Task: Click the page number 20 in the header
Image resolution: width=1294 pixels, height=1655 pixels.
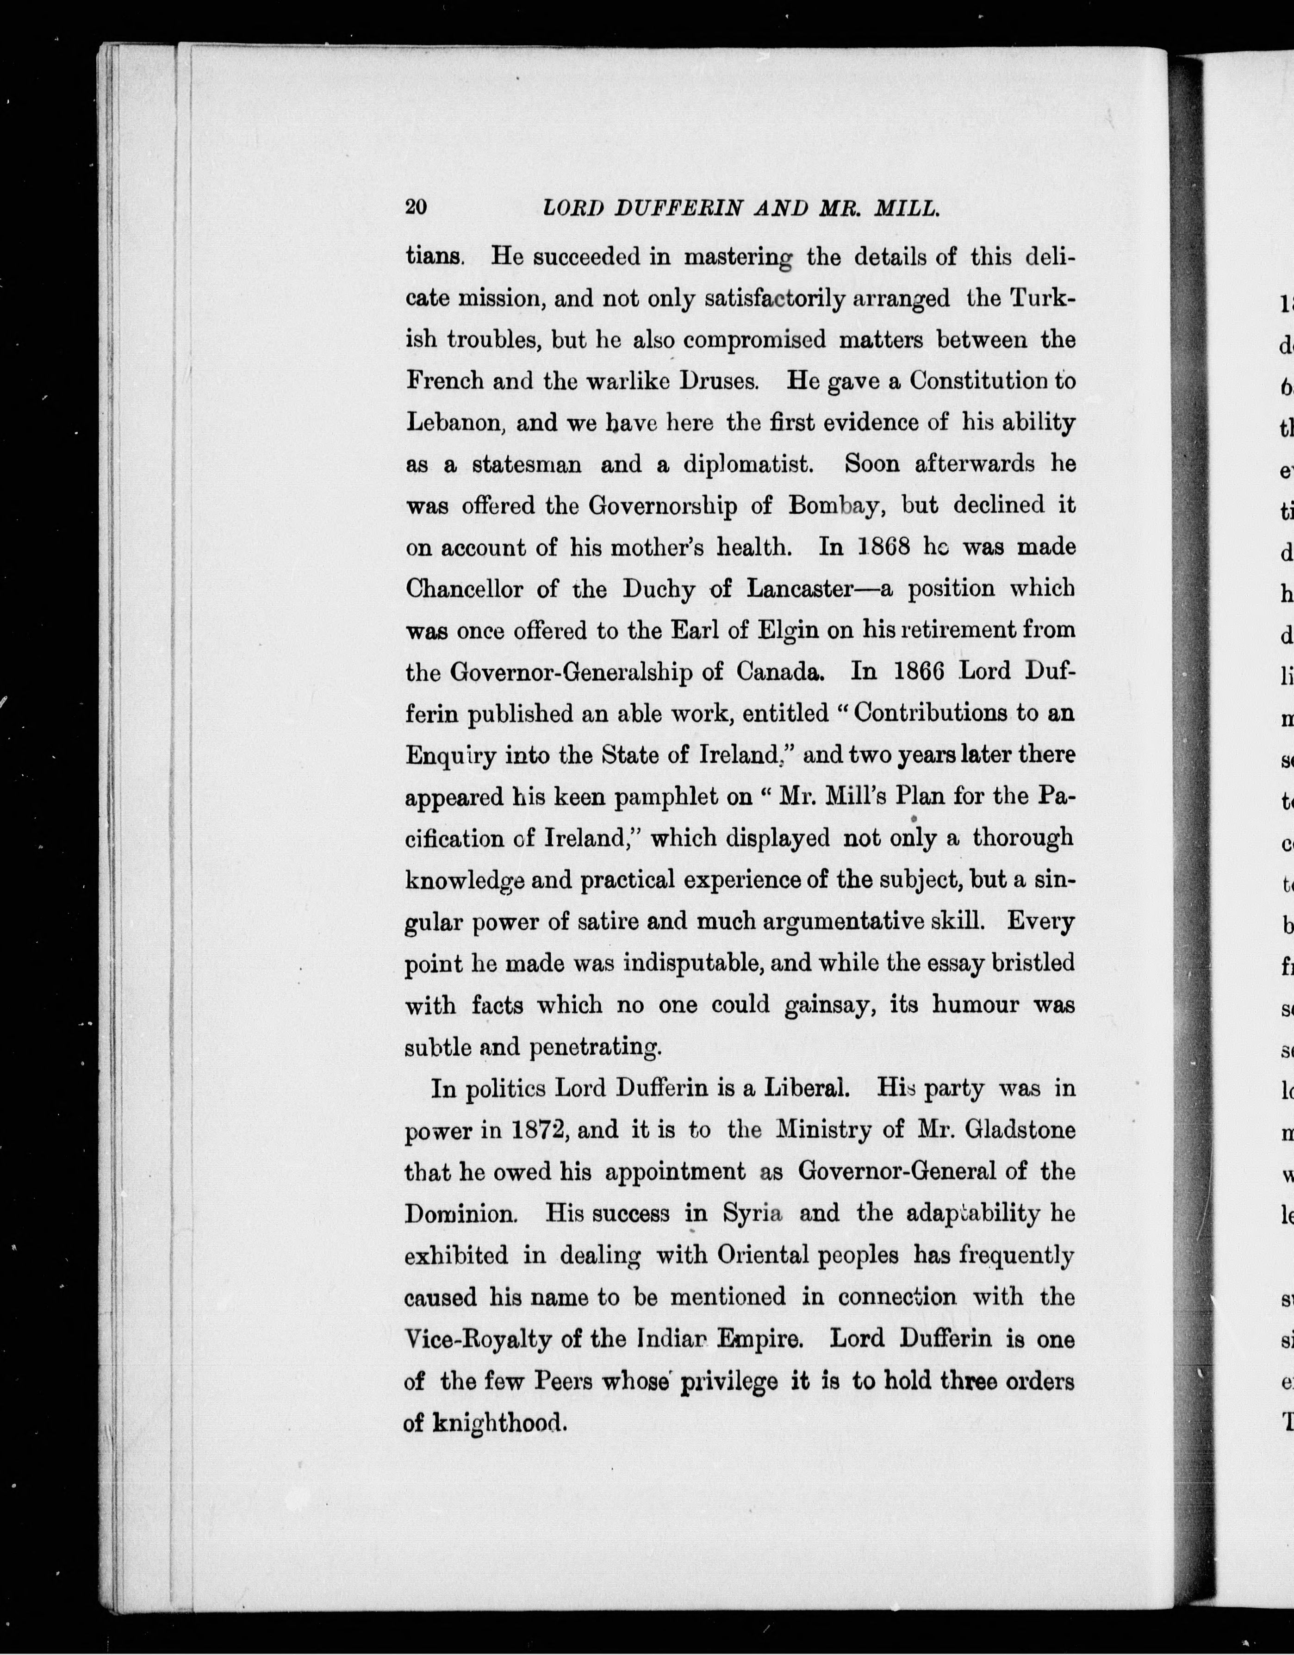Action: tap(417, 208)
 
